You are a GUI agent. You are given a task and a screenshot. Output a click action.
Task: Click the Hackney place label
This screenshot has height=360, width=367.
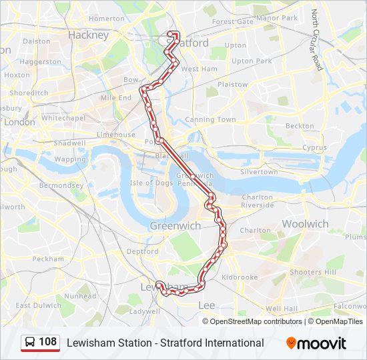coord(88,35)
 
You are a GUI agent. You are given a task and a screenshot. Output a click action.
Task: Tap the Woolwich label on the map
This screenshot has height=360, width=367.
coord(305,224)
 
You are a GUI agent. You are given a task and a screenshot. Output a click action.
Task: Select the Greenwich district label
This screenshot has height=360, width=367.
coord(175,226)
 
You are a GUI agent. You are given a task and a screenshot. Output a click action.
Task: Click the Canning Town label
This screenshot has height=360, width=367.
coord(210,120)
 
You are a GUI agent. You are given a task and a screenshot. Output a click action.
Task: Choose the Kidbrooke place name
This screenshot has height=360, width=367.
coord(240,277)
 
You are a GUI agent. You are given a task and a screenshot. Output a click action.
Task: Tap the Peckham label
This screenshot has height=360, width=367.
coord(47,259)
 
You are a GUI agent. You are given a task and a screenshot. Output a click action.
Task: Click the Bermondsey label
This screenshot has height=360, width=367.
coord(61,185)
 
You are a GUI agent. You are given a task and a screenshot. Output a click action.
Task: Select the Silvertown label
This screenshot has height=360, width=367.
coord(259,172)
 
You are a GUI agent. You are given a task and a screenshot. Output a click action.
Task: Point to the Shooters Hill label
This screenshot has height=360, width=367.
coord(313,272)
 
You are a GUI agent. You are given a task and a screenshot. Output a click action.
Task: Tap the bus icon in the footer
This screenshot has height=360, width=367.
coord(30,343)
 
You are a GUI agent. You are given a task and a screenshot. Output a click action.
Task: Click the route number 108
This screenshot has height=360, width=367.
coord(48,343)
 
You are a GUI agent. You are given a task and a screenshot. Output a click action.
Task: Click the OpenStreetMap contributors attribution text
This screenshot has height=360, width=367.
coord(256,321)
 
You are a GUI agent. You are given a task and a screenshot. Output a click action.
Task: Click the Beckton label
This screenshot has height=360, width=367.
coord(300,126)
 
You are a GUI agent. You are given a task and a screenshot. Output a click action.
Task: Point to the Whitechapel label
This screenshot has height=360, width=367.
coord(63,118)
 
